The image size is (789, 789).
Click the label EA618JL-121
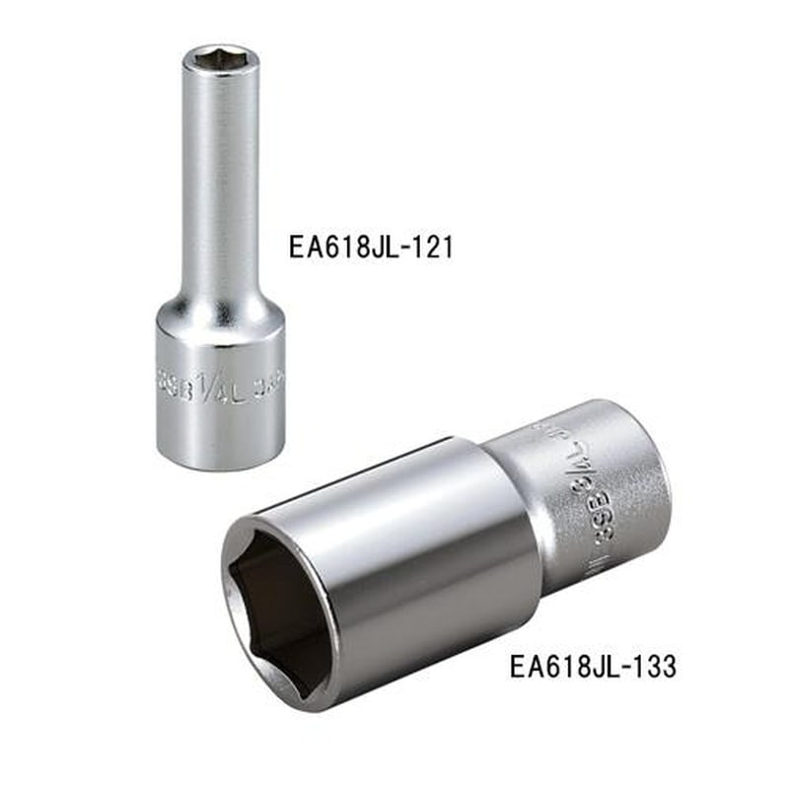[x=371, y=246]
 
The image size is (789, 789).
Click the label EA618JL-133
[x=593, y=667]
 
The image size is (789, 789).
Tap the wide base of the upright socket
[x=219, y=394]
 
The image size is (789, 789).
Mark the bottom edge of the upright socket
[x=219, y=466]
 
